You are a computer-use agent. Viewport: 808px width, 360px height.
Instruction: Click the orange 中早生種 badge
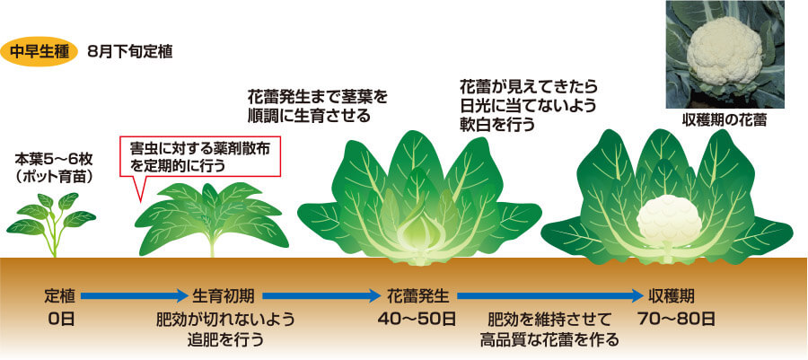40,50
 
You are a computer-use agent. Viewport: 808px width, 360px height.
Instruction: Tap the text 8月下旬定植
131,51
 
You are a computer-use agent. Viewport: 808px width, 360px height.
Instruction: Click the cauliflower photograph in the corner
723,53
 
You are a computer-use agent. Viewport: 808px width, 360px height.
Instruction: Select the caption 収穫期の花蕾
724,120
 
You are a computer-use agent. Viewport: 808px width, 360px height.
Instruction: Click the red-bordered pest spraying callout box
199,157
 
